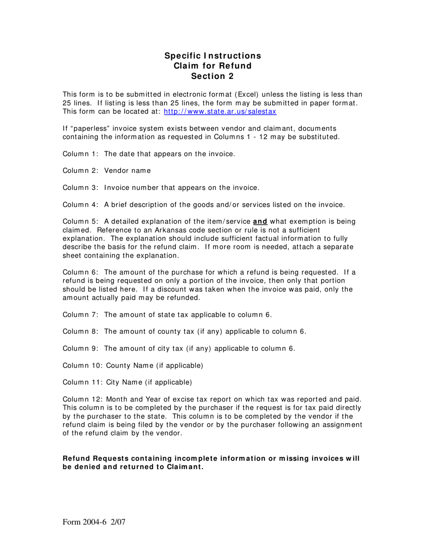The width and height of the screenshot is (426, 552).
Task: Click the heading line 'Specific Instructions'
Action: point(213,56)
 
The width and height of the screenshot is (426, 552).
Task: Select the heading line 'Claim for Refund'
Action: point(213,66)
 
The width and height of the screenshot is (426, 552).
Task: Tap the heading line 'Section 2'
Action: point(213,76)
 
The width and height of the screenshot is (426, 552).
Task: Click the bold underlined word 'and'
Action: point(260,221)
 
